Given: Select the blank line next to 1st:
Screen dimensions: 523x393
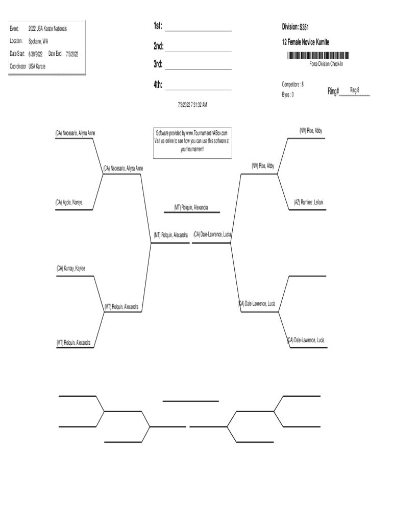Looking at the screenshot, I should point(198,30).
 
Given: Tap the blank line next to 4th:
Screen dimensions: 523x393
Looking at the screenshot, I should point(198,89).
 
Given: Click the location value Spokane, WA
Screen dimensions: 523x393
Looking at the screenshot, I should point(38,41).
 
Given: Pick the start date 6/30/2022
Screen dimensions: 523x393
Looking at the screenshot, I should point(35,54).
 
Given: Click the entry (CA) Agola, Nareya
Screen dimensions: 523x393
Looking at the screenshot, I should point(69,202).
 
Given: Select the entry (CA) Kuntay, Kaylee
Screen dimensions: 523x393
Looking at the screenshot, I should point(71,268).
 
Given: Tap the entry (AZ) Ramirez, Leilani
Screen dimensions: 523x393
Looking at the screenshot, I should point(308,202).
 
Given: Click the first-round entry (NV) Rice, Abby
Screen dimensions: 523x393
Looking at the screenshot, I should point(311,131).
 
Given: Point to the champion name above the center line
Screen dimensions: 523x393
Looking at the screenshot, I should point(191,207).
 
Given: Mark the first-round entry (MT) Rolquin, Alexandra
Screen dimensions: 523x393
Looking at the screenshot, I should point(73,343).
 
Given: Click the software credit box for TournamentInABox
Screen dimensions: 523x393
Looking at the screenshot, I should point(191,141).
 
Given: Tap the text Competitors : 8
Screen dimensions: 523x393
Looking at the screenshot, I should point(293,84).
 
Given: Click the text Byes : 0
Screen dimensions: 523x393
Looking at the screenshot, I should point(287,94).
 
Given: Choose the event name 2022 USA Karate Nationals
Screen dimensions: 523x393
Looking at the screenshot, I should point(47,29).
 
